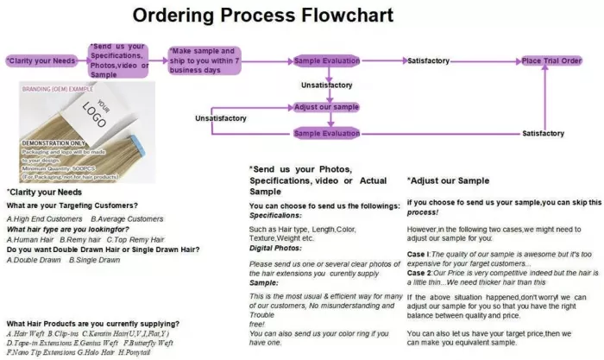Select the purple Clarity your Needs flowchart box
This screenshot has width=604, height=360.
[40, 61]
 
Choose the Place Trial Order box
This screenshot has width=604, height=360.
[552, 61]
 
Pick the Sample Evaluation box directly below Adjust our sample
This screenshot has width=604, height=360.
[326, 133]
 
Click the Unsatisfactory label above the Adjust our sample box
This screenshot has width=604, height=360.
[326, 85]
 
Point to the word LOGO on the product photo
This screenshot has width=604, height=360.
[96, 116]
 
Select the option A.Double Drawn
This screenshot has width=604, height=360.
[34, 260]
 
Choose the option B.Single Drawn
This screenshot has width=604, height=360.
[97, 260]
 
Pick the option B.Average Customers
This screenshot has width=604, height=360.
[127, 218]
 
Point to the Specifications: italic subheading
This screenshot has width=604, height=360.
[278, 217]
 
